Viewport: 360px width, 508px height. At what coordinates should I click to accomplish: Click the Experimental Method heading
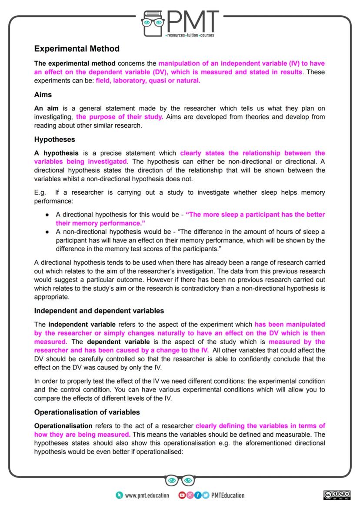[x=77, y=48]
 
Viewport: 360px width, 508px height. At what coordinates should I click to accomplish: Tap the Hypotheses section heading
[x=55, y=139]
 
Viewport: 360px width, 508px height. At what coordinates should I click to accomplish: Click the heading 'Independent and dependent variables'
[x=99, y=311]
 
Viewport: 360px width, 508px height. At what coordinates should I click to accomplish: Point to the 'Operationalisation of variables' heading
[x=87, y=412]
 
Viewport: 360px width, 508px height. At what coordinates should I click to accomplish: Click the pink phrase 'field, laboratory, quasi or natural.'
[x=148, y=80]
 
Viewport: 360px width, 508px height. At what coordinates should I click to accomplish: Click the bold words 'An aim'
[x=46, y=108]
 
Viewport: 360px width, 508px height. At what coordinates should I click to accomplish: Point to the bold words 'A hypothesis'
[x=57, y=153]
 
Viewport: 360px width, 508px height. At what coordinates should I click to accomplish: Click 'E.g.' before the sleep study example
[x=40, y=192]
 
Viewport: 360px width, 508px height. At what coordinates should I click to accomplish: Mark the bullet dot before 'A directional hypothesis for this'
[x=47, y=215]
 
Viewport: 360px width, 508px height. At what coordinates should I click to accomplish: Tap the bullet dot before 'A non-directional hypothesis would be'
[x=47, y=231]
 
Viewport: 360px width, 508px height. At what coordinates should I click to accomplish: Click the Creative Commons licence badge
[x=337, y=495]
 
